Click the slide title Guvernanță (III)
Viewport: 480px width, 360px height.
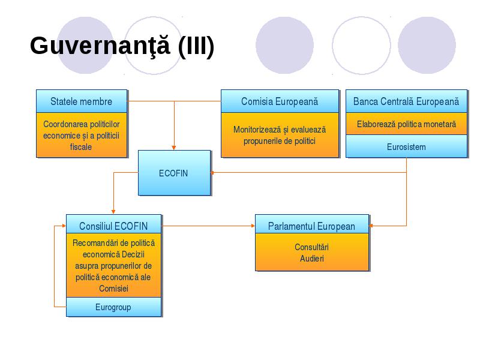(122, 46)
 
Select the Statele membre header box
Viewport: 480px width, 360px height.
(82, 101)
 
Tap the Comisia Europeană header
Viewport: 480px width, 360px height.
(280, 101)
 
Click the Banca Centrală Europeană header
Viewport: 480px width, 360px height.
(406, 101)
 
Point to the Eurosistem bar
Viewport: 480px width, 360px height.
(406, 146)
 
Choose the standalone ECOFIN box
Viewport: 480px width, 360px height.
(174, 173)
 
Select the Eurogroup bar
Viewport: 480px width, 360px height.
(113, 307)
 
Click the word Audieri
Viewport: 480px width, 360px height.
(311, 259)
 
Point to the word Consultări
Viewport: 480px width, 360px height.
(311, 247)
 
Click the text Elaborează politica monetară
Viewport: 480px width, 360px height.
(406, 124)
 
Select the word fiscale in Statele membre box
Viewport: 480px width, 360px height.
(81, 147)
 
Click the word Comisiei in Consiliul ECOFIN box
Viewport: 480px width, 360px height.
(113, 289)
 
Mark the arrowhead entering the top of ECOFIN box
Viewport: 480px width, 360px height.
(174, 148)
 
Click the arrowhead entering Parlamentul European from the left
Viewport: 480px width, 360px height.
(253, 226)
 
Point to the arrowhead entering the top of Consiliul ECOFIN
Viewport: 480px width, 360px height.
(113, 212)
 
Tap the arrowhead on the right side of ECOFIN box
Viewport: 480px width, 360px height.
(212, 173)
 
